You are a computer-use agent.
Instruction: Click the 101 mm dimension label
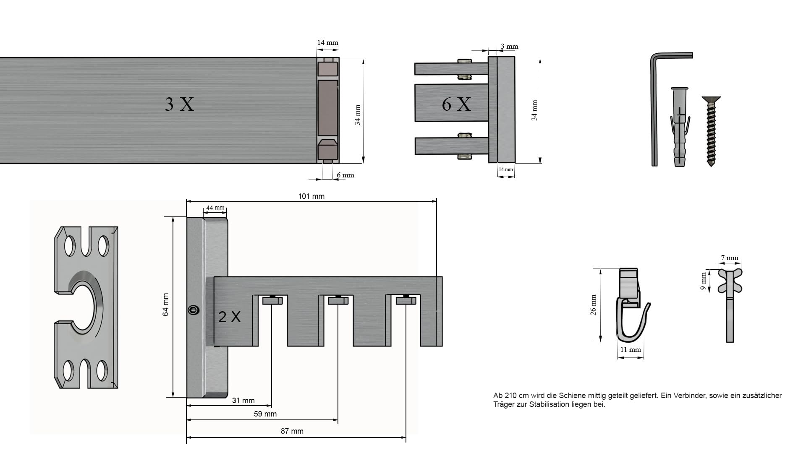(311, 196)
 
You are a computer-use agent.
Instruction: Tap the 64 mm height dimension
(166, 305)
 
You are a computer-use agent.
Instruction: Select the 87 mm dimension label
(292, 431)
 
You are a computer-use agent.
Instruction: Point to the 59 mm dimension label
(265, 414)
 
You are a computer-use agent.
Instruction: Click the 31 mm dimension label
(243, 401)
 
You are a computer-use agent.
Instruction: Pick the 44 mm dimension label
(215, 208)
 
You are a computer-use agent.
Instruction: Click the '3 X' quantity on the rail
(179, 104)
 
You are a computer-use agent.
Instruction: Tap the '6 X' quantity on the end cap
(456, 104)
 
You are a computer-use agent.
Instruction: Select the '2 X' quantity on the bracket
(230, 317)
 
